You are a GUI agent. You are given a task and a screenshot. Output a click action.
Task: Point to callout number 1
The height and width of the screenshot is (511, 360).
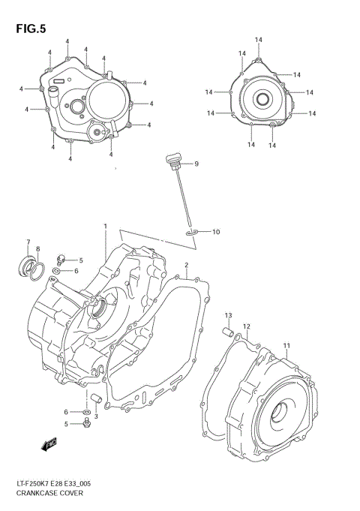pos(106,226)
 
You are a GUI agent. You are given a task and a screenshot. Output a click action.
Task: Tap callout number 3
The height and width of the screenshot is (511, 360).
pos(96,416)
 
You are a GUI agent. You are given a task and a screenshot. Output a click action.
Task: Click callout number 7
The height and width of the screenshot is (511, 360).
pos(28,242)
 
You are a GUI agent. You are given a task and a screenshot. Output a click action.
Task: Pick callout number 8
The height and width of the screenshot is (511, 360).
pos(38,249)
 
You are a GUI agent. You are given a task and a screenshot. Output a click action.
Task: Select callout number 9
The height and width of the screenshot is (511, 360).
pos(196,164)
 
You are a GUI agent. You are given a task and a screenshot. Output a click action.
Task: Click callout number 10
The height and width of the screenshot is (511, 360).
pos(215,232)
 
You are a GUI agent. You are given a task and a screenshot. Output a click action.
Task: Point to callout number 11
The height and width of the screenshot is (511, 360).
pos(286,345)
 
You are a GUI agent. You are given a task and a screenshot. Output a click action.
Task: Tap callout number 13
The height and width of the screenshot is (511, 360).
pos(229,315)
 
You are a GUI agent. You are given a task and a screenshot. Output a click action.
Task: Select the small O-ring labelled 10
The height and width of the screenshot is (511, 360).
pos(193,233)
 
